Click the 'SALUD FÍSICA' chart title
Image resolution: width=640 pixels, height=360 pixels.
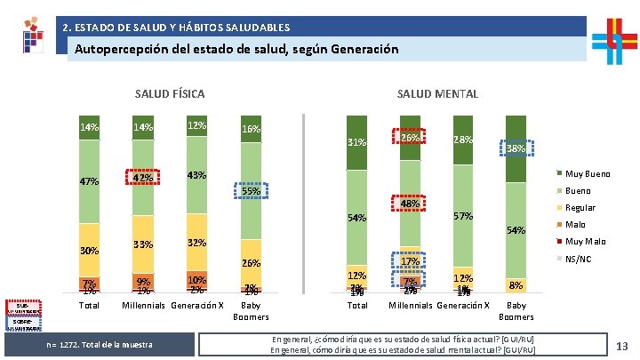[169, 93]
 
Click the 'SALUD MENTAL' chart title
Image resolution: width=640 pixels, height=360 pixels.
[437, 93]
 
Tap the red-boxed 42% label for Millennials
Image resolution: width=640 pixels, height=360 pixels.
[141, 177]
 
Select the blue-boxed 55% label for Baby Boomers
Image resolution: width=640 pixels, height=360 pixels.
[252, 190]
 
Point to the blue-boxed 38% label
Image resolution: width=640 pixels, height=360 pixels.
[516, 149]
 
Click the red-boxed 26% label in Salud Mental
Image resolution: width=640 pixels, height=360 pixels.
[410, 139]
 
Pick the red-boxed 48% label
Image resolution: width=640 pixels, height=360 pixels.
[410, 204]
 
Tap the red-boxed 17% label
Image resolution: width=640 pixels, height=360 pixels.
[410, 261]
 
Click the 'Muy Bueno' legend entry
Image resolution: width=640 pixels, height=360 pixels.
[595, 173]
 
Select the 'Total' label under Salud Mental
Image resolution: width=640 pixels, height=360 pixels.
[357, 306]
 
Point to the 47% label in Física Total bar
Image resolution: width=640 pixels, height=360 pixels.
[89, 181]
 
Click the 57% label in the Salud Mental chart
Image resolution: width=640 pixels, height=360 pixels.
[462, 216]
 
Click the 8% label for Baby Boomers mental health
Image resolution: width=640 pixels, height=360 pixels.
[515, 285]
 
